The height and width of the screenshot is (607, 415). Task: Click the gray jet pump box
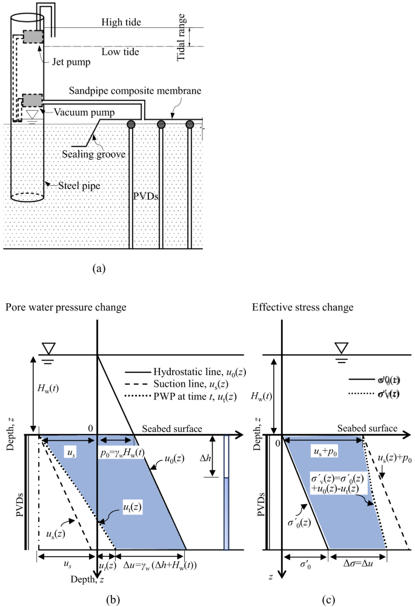pos(33,36)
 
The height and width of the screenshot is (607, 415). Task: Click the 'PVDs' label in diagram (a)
pos(145,196)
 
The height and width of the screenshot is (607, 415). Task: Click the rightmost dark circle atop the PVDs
pos(190,125)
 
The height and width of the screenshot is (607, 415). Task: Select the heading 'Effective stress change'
pos(302,307)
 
